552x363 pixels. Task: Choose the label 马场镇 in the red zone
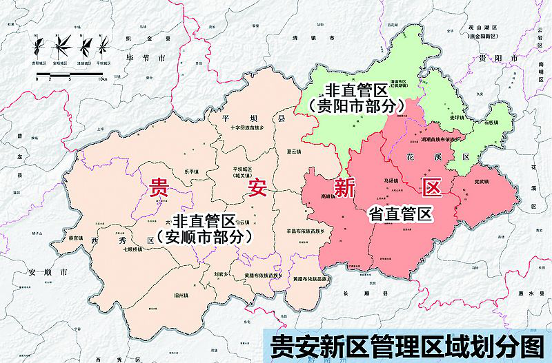[391, 180]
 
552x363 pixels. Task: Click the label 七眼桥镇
[132, 249]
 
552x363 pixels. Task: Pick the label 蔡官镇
[76, 238]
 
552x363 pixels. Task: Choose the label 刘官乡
[221, 273]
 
